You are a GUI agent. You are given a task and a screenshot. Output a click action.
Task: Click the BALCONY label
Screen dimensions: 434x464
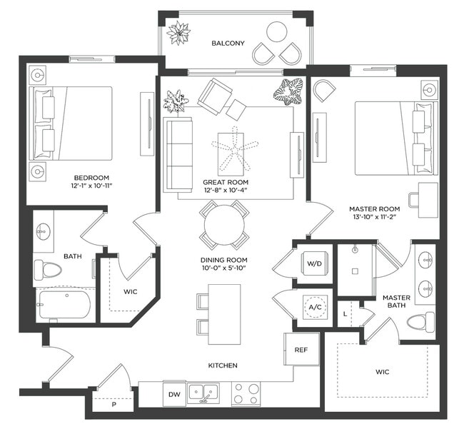[228, 44]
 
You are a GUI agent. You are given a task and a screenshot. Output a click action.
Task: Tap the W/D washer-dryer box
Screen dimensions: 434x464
[315, 263]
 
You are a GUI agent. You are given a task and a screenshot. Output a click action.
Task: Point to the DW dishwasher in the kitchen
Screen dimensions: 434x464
[174, 394]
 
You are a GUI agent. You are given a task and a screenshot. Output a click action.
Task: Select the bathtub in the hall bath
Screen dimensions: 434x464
[64, 304]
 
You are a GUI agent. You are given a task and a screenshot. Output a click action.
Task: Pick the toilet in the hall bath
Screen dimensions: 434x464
[48, 270]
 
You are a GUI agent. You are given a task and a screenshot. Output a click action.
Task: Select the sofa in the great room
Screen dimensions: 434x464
[178, 154]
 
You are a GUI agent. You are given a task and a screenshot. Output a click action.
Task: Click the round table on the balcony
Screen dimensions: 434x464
[277, 32]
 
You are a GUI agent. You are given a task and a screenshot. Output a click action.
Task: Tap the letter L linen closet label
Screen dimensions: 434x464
[346, 312]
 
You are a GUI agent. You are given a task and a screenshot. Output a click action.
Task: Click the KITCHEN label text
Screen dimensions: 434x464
[222, 365]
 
